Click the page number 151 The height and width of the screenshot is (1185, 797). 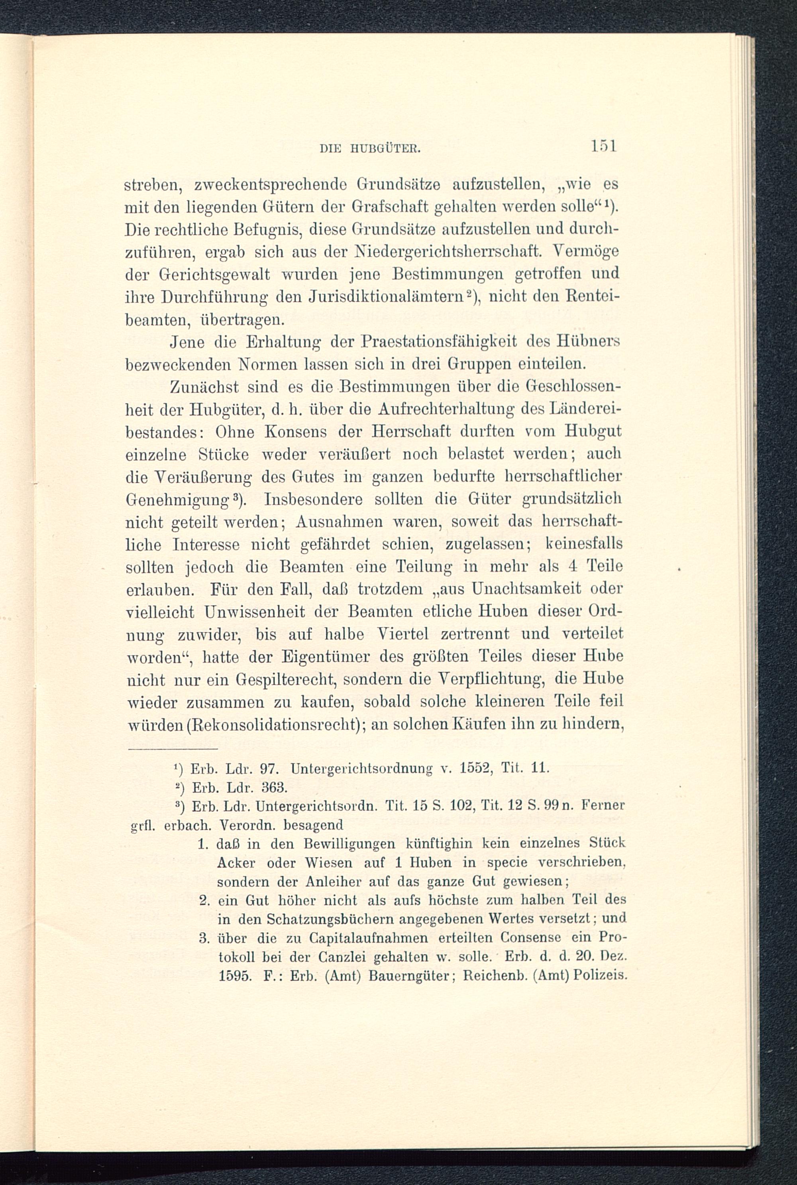coord(603,147)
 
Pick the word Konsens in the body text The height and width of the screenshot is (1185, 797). coord(273,431)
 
